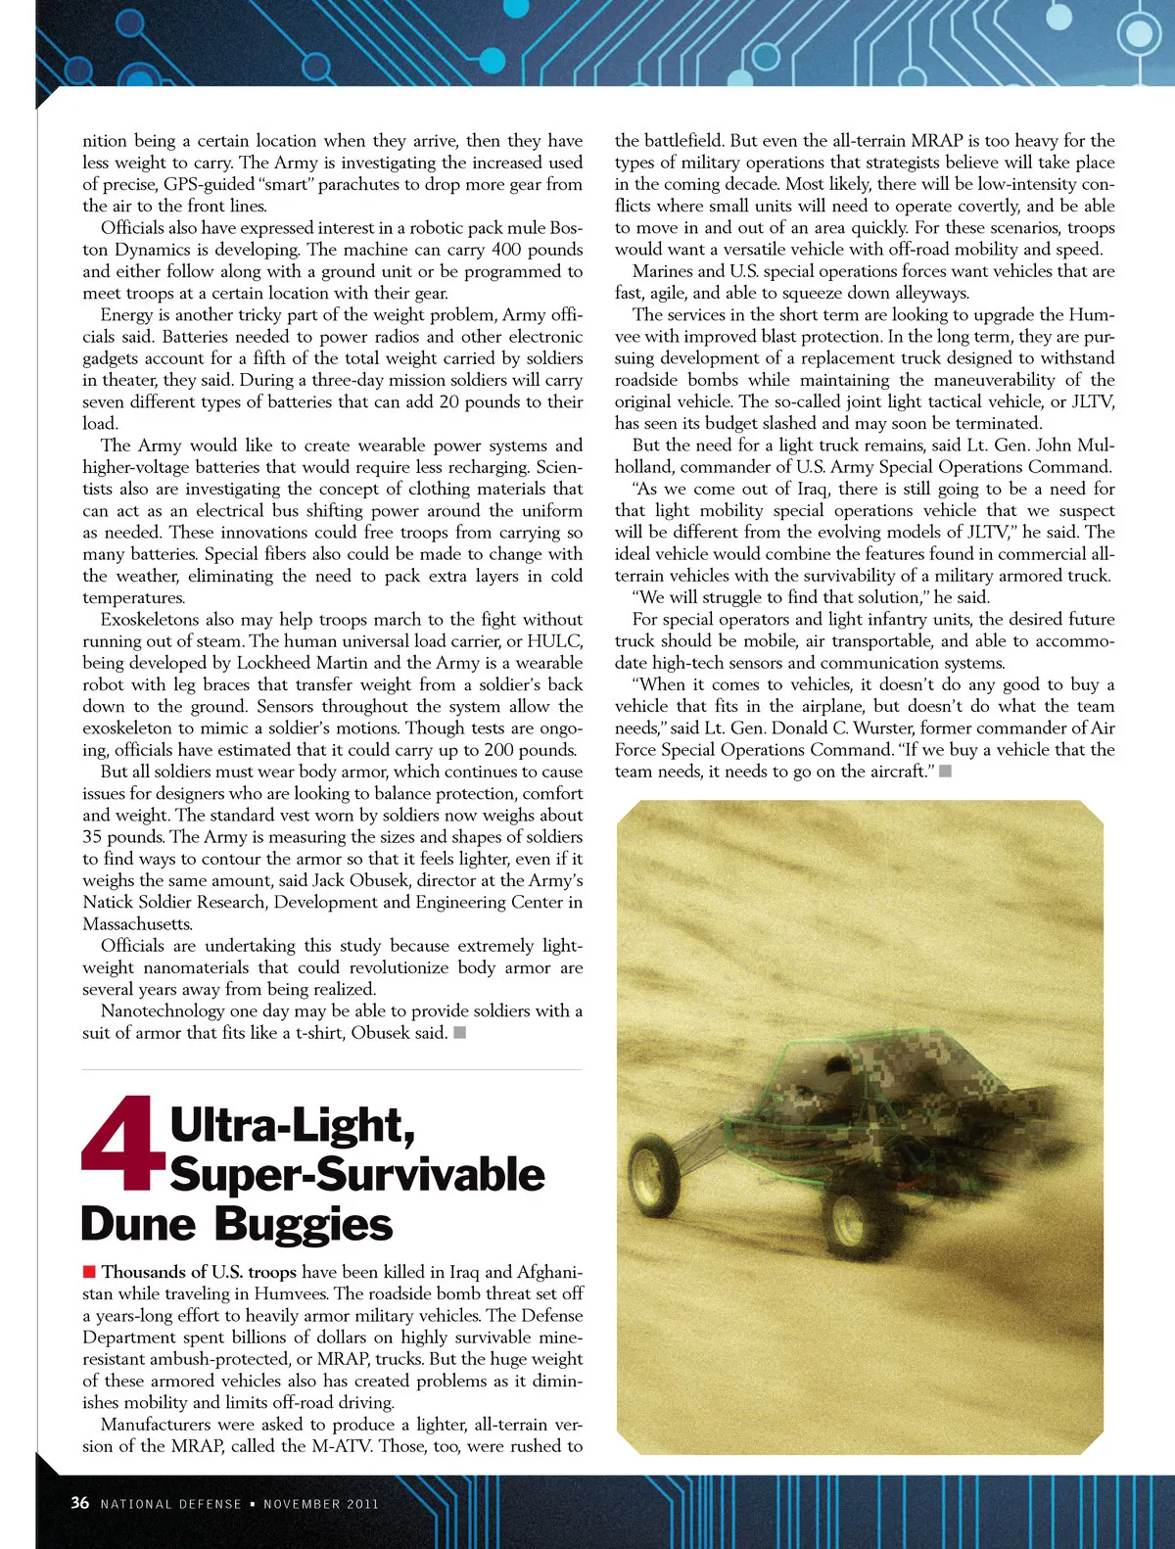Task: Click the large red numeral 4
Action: pos(123,1144)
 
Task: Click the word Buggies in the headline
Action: pos(303,1225)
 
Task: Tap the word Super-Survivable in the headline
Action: pos(357,1175)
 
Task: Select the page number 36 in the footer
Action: pos(80,1503)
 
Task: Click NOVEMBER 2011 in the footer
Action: pos(321,1504)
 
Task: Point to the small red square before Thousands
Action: pos(89,1272)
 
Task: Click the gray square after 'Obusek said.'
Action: pos(460,1032)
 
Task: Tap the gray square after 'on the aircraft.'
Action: pos(945,772)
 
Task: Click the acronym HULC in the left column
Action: pos(554,641)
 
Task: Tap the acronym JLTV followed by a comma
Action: pos(1095,401)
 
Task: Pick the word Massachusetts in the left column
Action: pos(137,924)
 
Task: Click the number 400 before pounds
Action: pos(505,250)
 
